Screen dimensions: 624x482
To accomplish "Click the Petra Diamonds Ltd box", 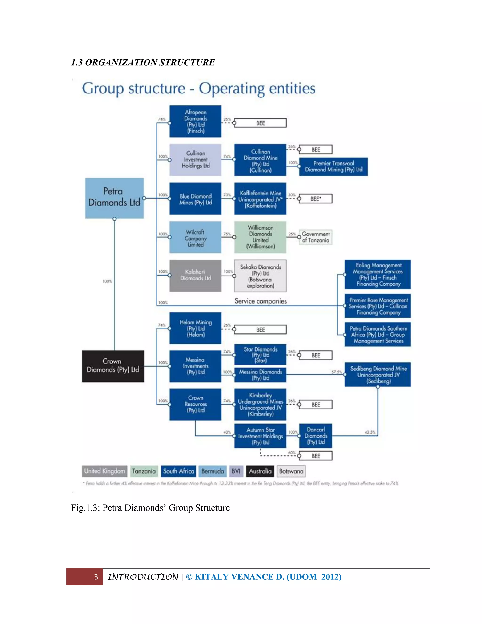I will click(114, 198).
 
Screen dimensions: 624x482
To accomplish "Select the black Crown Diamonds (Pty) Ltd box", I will click(113, 366).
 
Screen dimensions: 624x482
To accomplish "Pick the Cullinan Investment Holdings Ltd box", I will click(195, 160).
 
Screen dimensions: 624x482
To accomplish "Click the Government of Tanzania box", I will click(316, 237).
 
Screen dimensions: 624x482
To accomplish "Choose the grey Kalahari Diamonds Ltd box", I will click(195, 276).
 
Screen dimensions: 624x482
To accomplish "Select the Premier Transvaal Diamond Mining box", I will click(333, 166).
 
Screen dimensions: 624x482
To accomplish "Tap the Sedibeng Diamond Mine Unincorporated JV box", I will click(378, 375).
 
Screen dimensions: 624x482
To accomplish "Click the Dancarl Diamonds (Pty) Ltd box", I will click(316, 436).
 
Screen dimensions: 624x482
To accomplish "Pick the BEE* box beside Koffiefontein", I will click(316, 199).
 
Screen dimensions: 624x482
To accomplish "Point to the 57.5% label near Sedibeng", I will click(337, 372).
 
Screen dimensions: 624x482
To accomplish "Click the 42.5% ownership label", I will click(370, 432).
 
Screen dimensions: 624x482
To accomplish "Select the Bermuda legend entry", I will click(213, 471).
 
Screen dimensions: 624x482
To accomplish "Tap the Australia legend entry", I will click(260, 471).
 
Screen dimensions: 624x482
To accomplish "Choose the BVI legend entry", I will click(236, 471).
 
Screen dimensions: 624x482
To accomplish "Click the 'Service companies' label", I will click(261, 301).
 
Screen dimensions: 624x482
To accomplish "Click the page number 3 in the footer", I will click(96, 577).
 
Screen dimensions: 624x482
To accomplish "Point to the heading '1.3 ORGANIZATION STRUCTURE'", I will click(143, 62).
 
